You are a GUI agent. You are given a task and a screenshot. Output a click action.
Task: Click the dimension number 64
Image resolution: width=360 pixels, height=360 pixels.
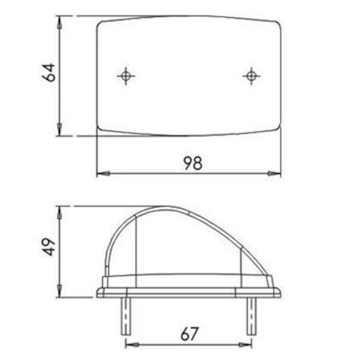click(x=48, y=73)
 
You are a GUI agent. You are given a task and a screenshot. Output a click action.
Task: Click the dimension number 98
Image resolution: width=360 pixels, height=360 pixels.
click(x=193, y=164)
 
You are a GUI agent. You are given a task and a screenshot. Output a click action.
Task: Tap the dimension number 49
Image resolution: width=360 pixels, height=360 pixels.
click(x=48, y=247)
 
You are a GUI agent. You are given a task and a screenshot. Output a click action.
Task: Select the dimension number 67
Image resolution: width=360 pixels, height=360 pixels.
click(x=189, y=334)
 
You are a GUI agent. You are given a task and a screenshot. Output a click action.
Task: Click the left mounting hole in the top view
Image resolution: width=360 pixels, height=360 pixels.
click(x=126, y=76)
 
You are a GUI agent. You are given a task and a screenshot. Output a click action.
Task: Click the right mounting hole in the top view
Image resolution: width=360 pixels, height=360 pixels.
click(x=251, y=76)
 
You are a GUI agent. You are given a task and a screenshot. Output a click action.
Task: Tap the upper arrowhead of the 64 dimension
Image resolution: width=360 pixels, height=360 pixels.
click(x=60, y=22)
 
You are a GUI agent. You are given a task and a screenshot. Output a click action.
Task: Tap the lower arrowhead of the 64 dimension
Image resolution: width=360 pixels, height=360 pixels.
click(x=60, y=129)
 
